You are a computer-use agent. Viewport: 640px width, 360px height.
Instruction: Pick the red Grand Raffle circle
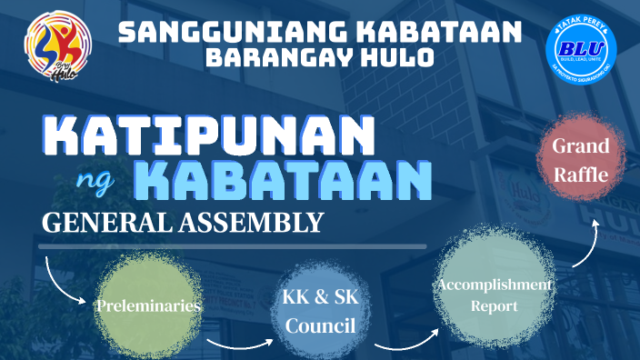point(581,159)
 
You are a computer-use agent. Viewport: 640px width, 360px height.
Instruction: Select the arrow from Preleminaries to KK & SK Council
point(238,344)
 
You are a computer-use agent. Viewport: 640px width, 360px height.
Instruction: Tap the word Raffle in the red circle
point(581,173)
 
